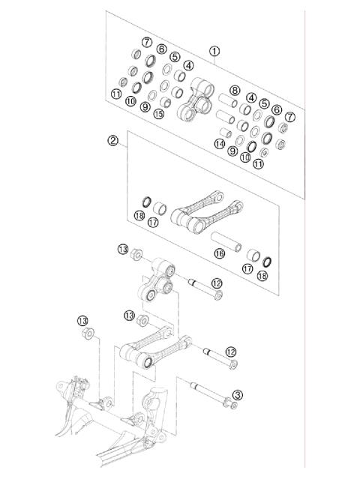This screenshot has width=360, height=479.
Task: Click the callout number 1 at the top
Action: click(214, 52)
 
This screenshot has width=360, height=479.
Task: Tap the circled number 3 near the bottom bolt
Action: click(238, 394)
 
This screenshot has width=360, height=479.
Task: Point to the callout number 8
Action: click(235, 91)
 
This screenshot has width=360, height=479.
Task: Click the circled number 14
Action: click(220, 143)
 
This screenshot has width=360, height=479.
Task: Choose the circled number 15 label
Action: click(158, 114)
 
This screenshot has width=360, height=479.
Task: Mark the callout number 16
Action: click(219, 254)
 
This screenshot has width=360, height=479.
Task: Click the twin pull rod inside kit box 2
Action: click(207, 210)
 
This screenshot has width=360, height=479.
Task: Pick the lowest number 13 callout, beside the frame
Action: click(84, 321)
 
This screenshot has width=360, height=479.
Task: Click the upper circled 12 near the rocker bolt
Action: click(217, 283)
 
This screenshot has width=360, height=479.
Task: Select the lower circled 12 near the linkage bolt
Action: click(231, 351)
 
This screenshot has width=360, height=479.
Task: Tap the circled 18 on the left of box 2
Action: click(139, 216)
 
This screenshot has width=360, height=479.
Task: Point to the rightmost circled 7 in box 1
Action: click(290, 117)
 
